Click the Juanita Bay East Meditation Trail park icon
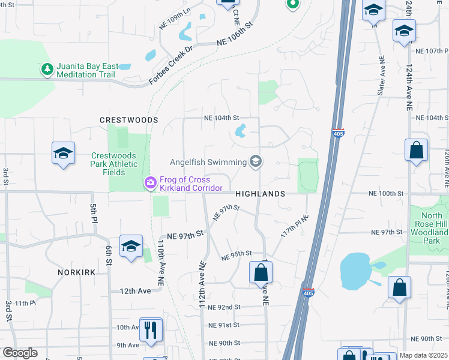(47, 70)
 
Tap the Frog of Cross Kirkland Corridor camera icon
(150, 181)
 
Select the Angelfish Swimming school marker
(256, 161)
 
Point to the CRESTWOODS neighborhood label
(128, 120)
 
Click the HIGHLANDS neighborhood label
(260, 194)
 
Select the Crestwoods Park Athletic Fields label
(113, 164)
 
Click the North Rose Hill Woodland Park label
(431, 228)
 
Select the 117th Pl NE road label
(294, 226)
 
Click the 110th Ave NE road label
(161, 263)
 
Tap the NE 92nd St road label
(224, 307)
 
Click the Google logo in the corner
(20, 353)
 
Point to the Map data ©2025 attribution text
(424, 355)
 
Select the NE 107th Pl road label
(428, 51)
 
